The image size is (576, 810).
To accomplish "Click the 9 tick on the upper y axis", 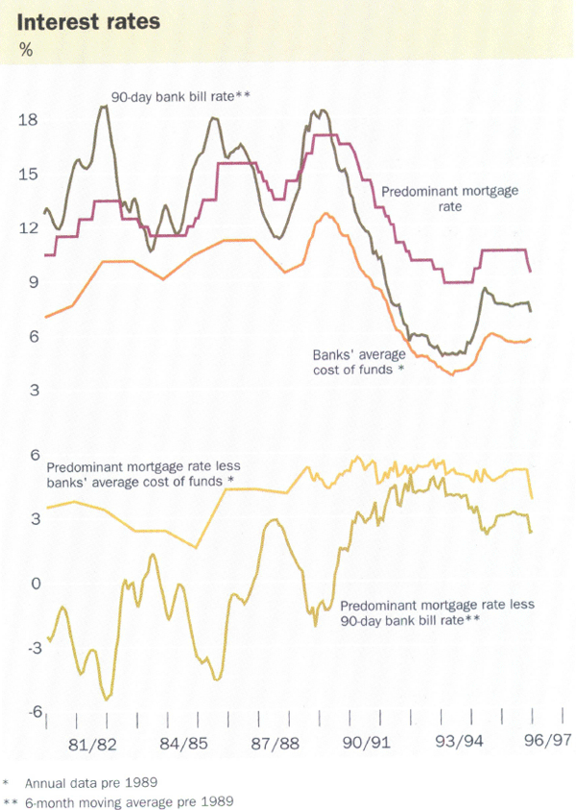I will [31, 282].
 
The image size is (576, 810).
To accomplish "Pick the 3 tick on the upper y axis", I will [31, 391].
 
